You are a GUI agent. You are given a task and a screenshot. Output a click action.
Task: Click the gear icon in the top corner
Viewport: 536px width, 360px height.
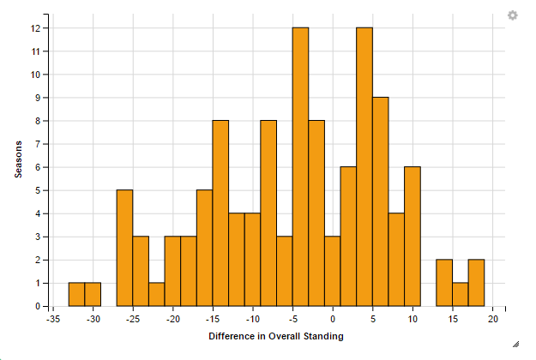click(513, 15)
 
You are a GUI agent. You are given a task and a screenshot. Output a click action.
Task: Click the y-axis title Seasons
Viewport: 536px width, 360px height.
click(18, 159)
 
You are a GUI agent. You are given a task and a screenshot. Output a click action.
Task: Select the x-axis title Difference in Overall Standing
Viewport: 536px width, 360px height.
click(276, 336)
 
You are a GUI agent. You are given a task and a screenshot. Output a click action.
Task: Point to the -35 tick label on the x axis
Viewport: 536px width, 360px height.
click(53, 319)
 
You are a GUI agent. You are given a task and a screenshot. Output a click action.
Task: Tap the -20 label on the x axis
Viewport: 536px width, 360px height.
click(172, 319)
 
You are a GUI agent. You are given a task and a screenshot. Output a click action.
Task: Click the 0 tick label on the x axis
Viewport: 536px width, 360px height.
click(334, 319)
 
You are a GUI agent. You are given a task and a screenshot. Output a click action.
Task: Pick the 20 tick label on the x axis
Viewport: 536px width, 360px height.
click(493, 319)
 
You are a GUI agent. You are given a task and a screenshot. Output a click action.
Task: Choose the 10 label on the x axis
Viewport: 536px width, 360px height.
click(413, 319)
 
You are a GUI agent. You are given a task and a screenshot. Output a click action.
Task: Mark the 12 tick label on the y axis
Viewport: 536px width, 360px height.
click(35, 28)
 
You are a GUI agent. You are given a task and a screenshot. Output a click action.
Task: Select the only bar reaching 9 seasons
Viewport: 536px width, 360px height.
click(381, 201)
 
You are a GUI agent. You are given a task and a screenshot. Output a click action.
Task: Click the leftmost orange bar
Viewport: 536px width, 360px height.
click(76, 294)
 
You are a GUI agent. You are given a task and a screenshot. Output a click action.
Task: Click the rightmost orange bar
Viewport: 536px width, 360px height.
click(477, 283)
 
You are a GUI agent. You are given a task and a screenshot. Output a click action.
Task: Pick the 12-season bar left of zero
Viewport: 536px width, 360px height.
click(300, 167)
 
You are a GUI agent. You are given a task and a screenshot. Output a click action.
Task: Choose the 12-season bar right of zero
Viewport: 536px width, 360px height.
click(364, 167)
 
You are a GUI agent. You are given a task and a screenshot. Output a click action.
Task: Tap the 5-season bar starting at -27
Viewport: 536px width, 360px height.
click(124, 248)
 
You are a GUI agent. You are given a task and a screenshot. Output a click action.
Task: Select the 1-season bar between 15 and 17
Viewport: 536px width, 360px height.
click(461, 294)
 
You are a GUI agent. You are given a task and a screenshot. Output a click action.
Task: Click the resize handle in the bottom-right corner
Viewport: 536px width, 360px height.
click(516, 344)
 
